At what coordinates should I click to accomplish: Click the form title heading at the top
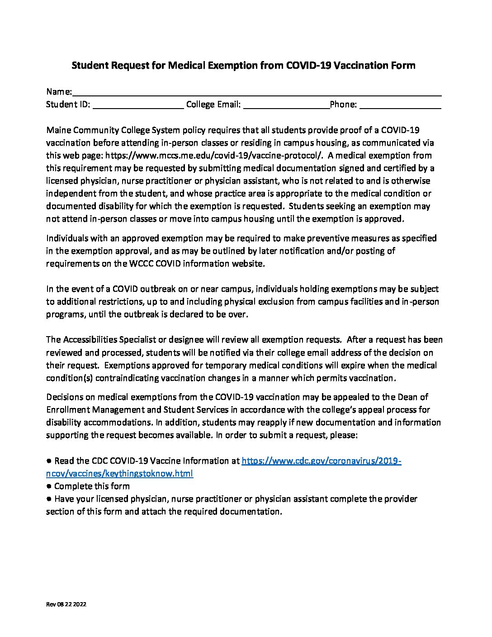coord(243,66)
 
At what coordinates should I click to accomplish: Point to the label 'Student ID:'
coord(68,105)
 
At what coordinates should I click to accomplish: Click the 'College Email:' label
coord(213,105)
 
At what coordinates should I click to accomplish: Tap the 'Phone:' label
coord(344,105)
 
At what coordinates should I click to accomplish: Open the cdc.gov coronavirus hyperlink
coord(321,461)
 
